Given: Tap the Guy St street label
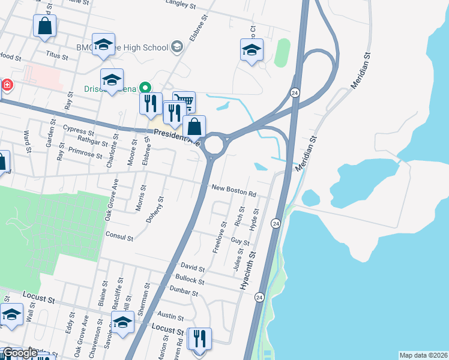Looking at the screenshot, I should coord(240,241).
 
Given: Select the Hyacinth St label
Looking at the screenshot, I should coord(248,271).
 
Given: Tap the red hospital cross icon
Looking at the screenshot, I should coord(7,85).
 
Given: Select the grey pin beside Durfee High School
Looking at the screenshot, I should coord(176,46).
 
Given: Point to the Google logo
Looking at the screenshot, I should coord(20,353).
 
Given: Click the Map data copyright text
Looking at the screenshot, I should coord(423,355).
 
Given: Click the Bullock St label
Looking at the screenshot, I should coord(190,280).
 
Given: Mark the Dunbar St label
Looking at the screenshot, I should coord(184,292).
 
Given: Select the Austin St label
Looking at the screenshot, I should coord(170,314).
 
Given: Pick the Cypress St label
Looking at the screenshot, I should coord(78,130).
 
